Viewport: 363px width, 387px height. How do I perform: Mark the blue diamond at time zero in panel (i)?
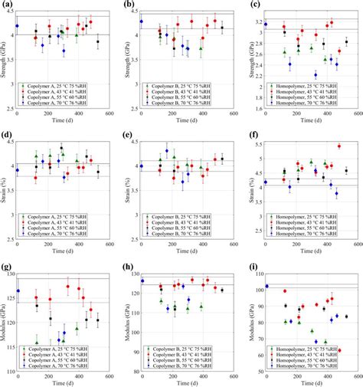point(267,286)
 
